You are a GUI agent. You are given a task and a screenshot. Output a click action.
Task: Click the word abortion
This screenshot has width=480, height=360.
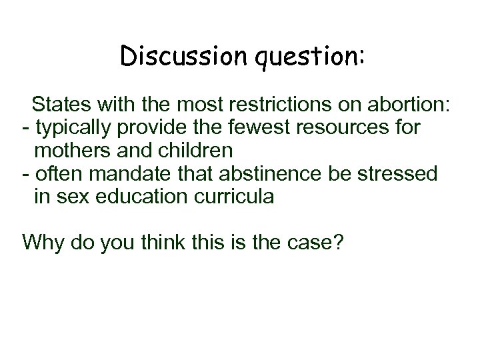(408, 104)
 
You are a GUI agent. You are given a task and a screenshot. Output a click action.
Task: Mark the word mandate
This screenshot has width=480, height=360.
(125, 174)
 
